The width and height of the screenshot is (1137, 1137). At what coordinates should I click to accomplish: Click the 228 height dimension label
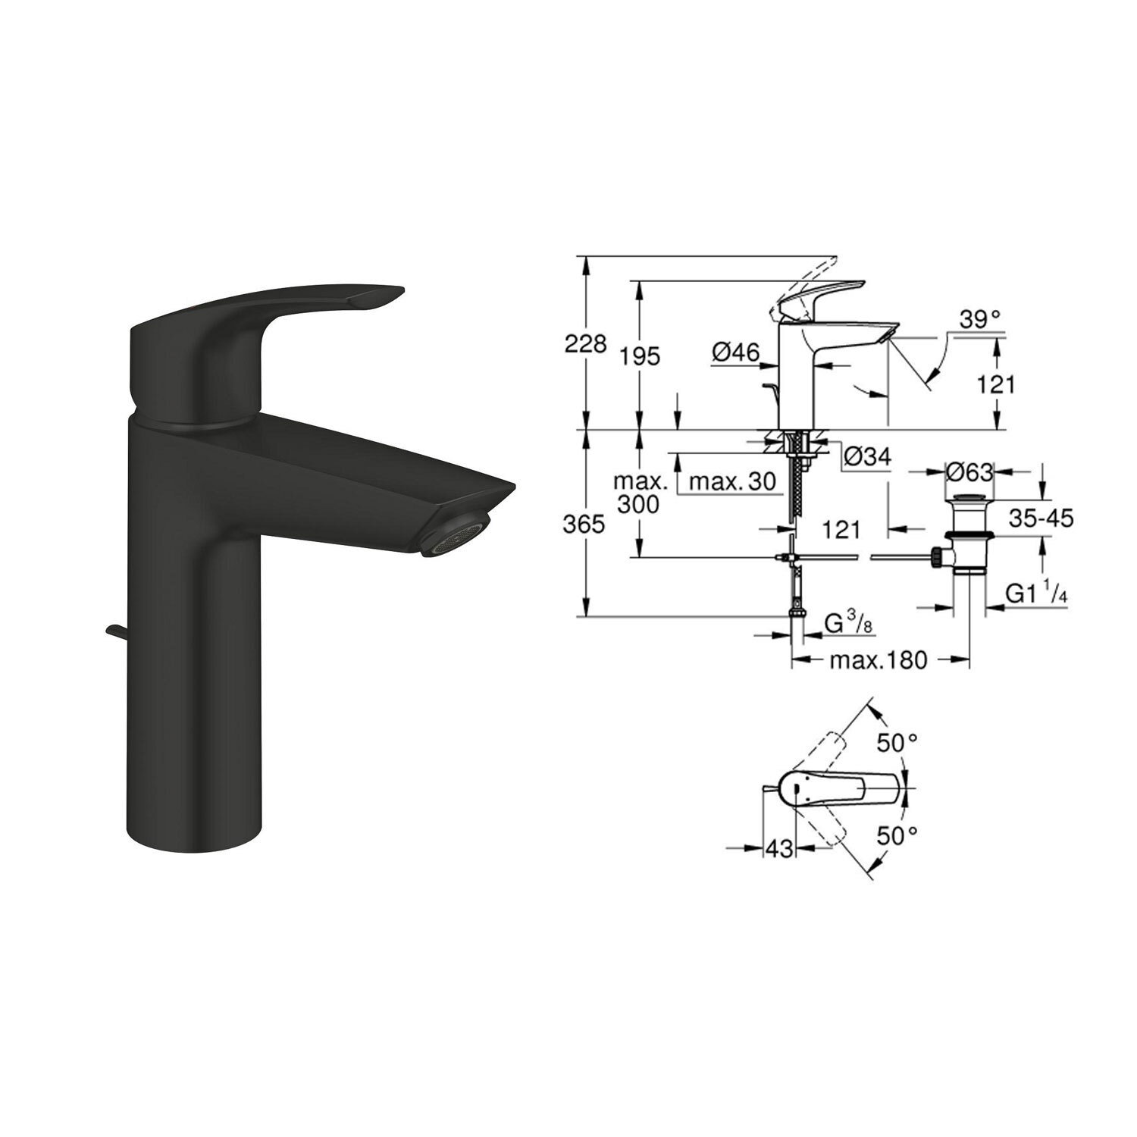(586, 344)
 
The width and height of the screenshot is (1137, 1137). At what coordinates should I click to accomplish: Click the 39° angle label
(979, 319)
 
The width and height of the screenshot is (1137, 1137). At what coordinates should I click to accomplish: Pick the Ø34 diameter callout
(866, 456)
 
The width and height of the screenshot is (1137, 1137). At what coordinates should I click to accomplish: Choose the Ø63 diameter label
(969, 472)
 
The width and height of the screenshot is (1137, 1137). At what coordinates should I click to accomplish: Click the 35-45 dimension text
(1041, 518)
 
